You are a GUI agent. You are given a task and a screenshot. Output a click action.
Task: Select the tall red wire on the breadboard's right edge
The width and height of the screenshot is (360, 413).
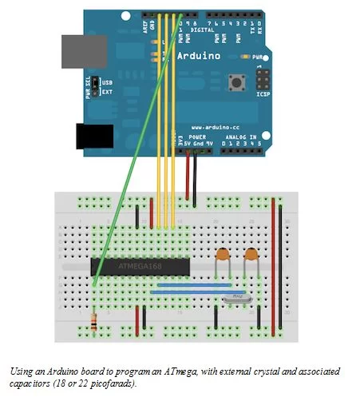[x=274, y=256]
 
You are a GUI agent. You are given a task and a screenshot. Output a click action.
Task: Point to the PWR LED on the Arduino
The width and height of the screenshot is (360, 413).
[x=243, y=58]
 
